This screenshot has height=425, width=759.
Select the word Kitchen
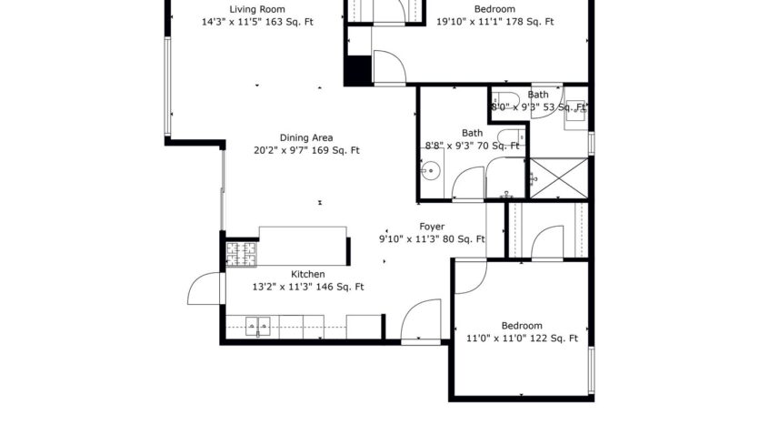(x=307, y=274)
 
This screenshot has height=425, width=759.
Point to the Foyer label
(x=431, y=226)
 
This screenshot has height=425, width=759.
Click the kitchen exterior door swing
(x=204, y=289)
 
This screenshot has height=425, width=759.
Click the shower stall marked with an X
(x=557, y=177)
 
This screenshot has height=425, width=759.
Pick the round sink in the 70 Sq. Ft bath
(x=431, y=170)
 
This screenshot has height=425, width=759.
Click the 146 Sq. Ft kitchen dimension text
(x=307, y=287)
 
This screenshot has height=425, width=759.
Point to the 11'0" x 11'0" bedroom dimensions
(x=522, y=339)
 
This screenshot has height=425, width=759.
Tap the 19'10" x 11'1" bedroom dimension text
(x=494, y=21)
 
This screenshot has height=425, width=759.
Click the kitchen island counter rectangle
(x=303, y=246)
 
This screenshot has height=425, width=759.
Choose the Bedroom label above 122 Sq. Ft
(x=522, y=326)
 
